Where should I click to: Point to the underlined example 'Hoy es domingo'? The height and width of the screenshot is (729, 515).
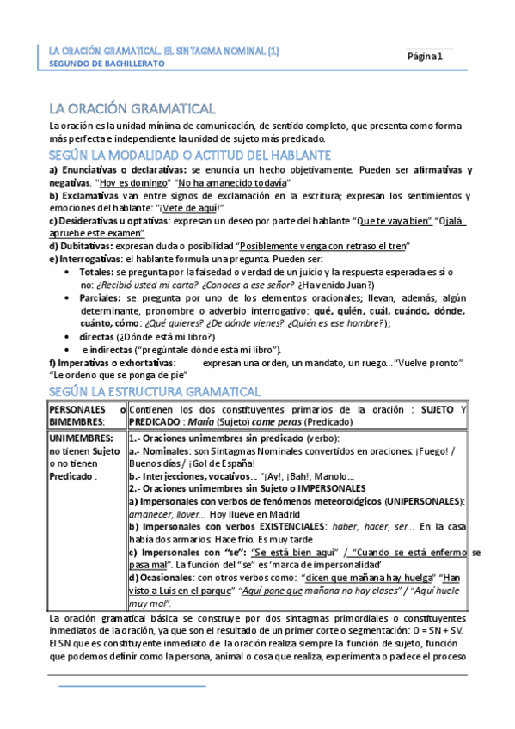click(x=133, y=183)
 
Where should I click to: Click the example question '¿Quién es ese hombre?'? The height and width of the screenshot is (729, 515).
click(x=341, y=322)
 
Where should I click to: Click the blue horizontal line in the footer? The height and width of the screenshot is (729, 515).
click(x=133, y=687)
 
